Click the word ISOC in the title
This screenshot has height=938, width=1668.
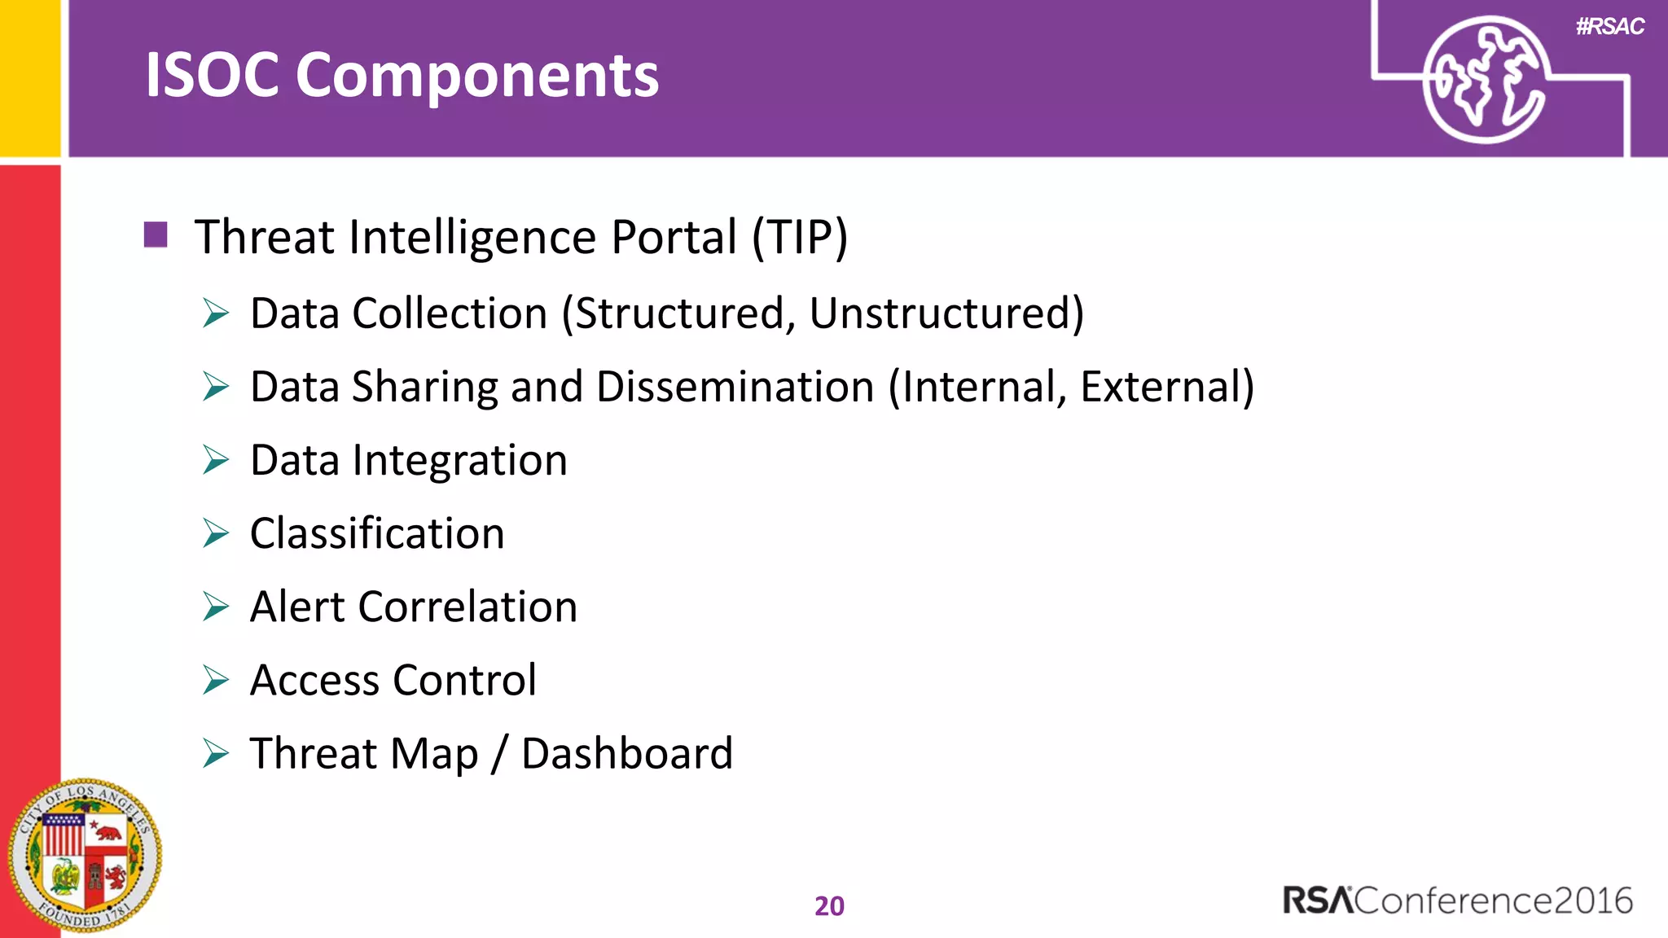[x=213, y=75]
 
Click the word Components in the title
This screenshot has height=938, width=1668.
[x=477, y=77]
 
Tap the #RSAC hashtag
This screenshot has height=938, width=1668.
[x=1609, y=27]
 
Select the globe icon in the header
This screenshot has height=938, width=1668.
[x=1485, y=80]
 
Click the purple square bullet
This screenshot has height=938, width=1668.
[x=156, y=234]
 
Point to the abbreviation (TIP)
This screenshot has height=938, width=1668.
[x=799, y=237]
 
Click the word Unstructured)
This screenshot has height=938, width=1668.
[x=946, y=313]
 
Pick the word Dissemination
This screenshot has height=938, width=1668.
[x=735, y=387]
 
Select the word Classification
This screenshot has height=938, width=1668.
[x=377, y=534]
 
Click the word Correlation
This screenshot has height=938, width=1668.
[x=467, y=607]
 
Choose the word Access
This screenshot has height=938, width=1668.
[x=314, y=681]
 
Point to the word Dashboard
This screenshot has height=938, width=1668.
[x=627, y=754]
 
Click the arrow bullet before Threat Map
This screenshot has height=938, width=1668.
[x=216, y=753]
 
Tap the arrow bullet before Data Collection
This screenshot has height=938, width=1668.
[x=216, y=313]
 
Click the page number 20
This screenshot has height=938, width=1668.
[x=829, y=906]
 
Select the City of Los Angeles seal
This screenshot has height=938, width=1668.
[x=84, y=857]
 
